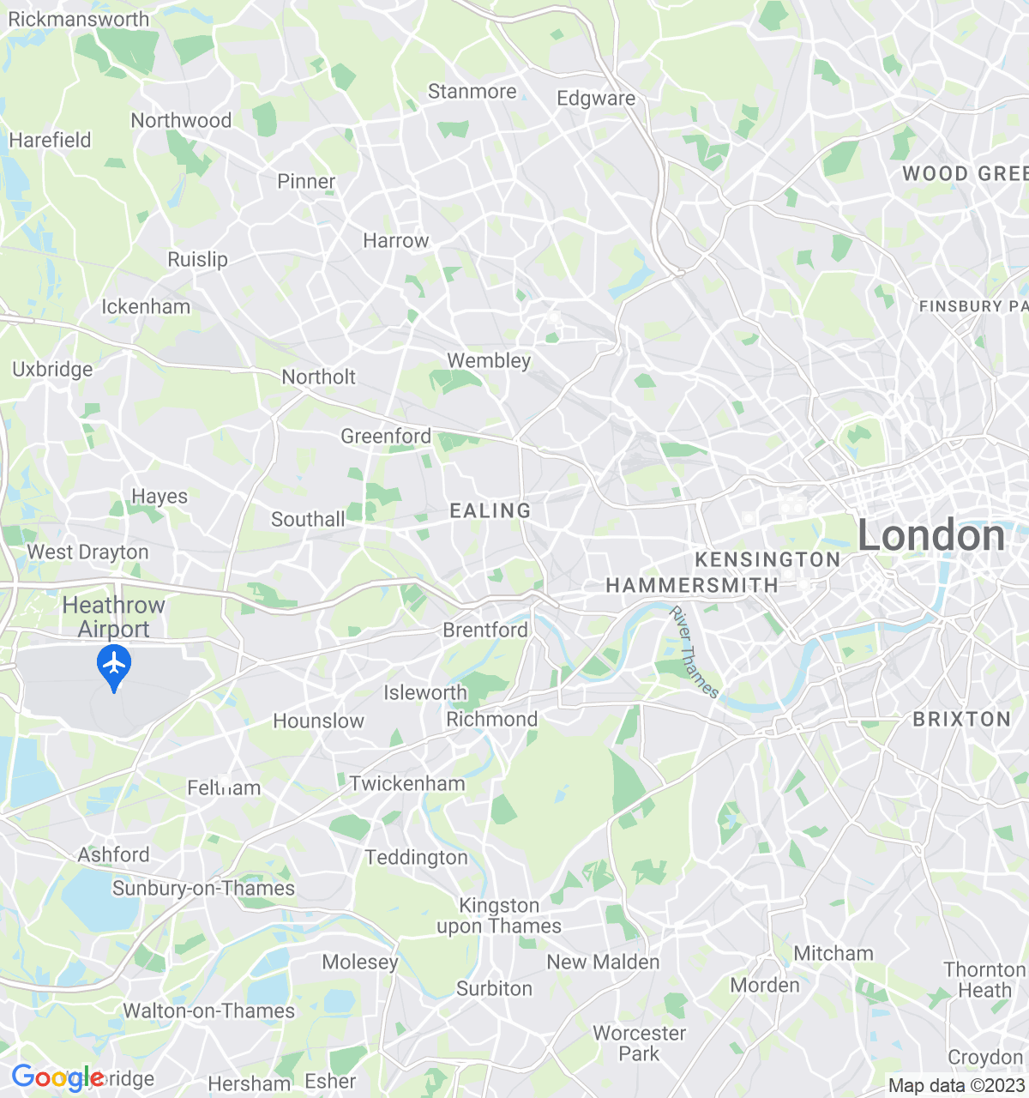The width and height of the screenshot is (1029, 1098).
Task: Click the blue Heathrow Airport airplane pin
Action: (114, 667)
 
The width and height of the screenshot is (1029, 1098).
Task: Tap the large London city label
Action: (931, 536)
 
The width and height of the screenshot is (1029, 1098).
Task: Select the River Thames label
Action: (694, 652)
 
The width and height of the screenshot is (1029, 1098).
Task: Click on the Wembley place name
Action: (489, 361)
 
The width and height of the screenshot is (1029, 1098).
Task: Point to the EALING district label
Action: (490, 511)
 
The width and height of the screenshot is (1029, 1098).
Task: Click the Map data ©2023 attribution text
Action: (956, 1086)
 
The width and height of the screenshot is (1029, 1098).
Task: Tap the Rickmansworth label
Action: (78, 19)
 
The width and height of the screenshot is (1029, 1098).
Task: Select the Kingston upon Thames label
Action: (499, 915)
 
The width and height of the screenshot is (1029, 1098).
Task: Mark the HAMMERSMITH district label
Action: (692, 586)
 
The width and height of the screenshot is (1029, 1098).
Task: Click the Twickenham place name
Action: (407, 783)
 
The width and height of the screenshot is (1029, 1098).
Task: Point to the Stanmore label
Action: (472, 92)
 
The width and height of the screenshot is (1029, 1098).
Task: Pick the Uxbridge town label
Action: (52, 370)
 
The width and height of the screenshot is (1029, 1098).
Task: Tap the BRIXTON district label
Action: (961, 719)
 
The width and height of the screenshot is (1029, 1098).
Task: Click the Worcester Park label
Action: (639, 1043)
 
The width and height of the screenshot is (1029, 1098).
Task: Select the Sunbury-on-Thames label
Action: (203, 889)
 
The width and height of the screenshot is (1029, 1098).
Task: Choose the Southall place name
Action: (308, 520)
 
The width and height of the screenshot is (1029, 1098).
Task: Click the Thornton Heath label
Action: (984, 980)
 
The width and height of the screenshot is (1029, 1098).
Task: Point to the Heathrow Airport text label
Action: (113, 617)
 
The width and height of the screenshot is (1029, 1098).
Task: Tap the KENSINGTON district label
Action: (767, 560)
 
